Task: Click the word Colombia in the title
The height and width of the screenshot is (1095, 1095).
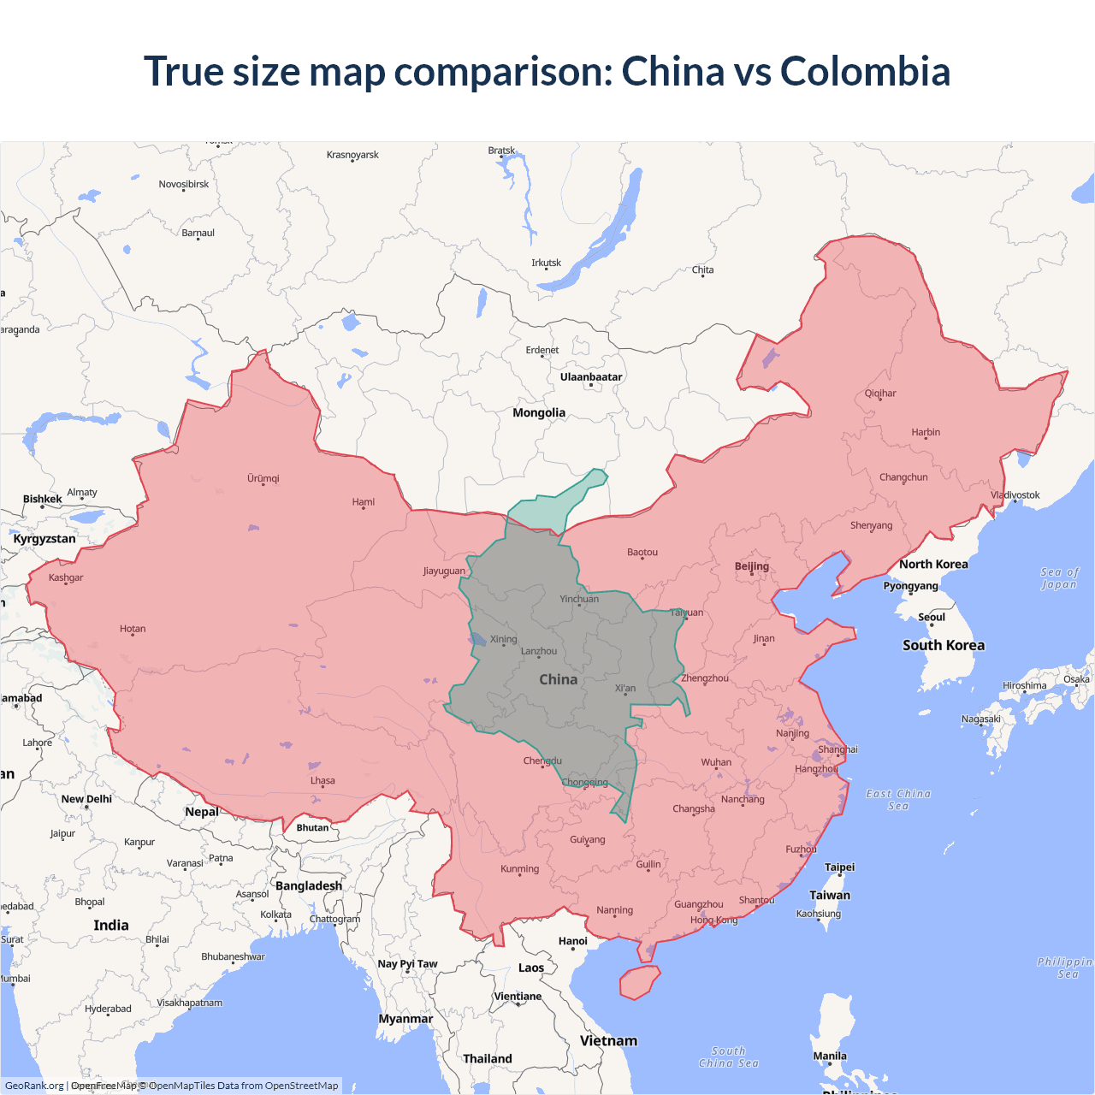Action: [865, 71]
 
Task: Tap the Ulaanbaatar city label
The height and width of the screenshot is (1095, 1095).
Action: [591, 377]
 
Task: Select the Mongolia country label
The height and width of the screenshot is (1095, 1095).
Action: [539, 412]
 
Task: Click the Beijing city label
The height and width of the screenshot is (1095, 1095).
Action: [752, 566]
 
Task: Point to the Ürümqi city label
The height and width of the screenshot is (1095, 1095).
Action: [263, 478]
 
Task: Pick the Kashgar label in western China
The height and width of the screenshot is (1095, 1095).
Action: [66, 577]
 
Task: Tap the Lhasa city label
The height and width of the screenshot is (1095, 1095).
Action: [323, 780]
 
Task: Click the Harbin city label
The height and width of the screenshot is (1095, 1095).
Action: [926, 432]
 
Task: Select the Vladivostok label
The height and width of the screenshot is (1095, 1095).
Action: [1015, 494]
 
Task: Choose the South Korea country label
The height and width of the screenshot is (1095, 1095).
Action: [944, 645]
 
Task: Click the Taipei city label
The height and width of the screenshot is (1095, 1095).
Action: [839, 867]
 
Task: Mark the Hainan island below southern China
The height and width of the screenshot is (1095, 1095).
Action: [640, 982]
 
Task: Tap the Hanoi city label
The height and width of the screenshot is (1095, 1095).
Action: [573, 941]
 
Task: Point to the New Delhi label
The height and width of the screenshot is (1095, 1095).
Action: [86, 799]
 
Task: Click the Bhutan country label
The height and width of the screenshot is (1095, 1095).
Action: [312, 827]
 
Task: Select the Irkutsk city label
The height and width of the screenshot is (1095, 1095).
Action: [546, 263]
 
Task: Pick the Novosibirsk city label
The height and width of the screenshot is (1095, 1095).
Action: [184, 184]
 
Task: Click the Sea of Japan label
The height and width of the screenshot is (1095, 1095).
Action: [1060, 578]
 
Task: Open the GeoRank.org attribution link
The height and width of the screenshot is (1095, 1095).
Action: [34, 1086]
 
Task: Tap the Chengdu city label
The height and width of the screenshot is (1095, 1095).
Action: [542, 761]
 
